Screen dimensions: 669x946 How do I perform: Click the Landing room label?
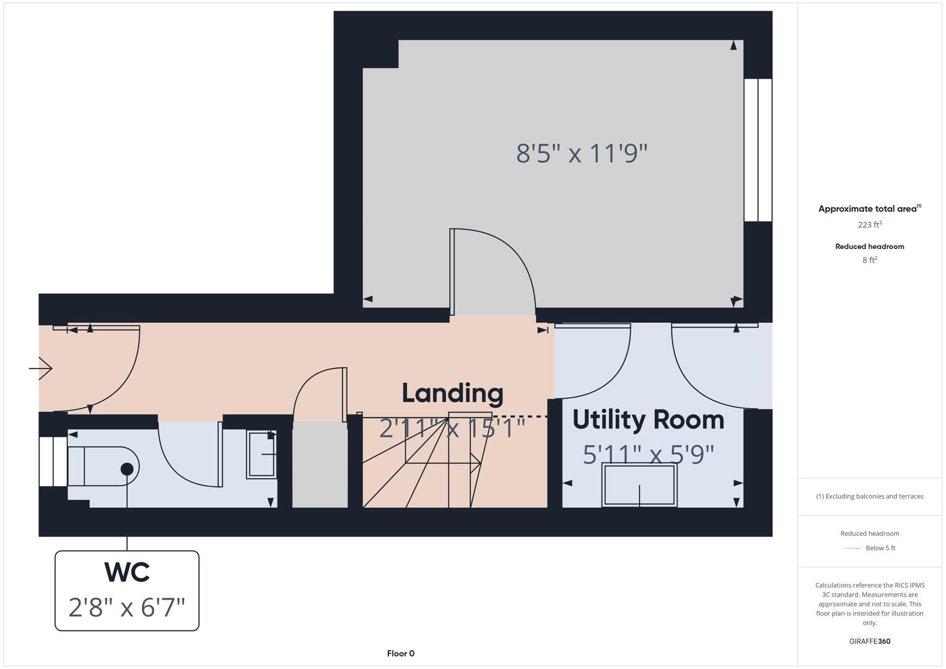tap(452, 393)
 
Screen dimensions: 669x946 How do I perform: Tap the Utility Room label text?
tap(648, 420)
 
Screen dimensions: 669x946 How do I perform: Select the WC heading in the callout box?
tap(127, 572)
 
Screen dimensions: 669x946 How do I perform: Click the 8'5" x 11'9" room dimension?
tap(582, 153)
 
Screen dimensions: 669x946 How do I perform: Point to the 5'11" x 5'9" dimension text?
tap(648, 455)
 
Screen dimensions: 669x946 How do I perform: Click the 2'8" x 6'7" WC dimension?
tap(127, 608)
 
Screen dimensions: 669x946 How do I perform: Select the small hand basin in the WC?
tap(261, 455)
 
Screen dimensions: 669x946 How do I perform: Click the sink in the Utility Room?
tap(639, 484)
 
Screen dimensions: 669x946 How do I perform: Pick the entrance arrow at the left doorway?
tap(41, 369)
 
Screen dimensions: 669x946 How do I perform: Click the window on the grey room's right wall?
tap(758, 150)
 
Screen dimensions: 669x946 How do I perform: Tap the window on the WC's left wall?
tap(53, 461)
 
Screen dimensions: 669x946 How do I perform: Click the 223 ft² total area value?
tap(869, 225)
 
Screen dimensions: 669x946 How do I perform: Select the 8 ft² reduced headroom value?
tap(869, 260)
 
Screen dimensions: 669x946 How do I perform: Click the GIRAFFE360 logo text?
tap(869, 641)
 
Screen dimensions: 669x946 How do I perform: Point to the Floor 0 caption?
tap(400, 654)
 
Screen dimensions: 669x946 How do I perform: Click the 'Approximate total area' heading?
tap(867, 209)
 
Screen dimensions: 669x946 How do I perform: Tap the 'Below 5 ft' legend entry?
tap(880, 548)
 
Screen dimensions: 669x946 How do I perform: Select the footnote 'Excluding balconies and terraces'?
tap(870, 496)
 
